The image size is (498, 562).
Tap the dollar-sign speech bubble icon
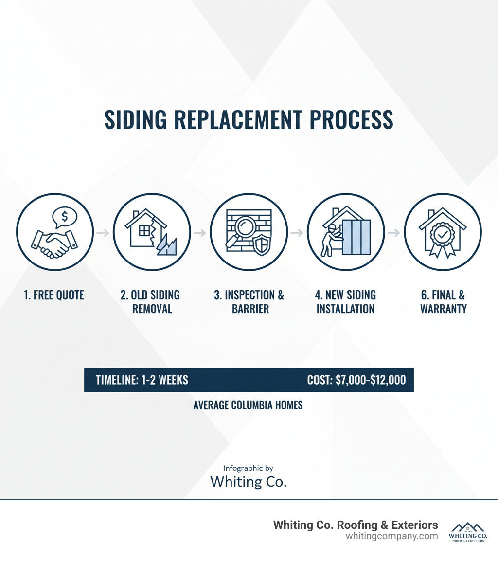point(65,216)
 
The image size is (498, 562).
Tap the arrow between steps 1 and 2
point(103,233)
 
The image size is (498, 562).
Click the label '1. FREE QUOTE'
point(54,295)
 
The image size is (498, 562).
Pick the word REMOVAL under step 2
point(152,309)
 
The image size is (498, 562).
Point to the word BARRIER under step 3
point(249,309)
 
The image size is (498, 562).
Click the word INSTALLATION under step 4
point(345,309)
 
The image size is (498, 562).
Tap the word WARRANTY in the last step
point(443,309)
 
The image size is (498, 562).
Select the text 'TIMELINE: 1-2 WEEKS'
point(142,380)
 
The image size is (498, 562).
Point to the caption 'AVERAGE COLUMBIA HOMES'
point(248,405)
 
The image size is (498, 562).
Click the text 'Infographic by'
point(248,468)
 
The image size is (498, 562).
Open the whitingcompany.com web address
point(391,536)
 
